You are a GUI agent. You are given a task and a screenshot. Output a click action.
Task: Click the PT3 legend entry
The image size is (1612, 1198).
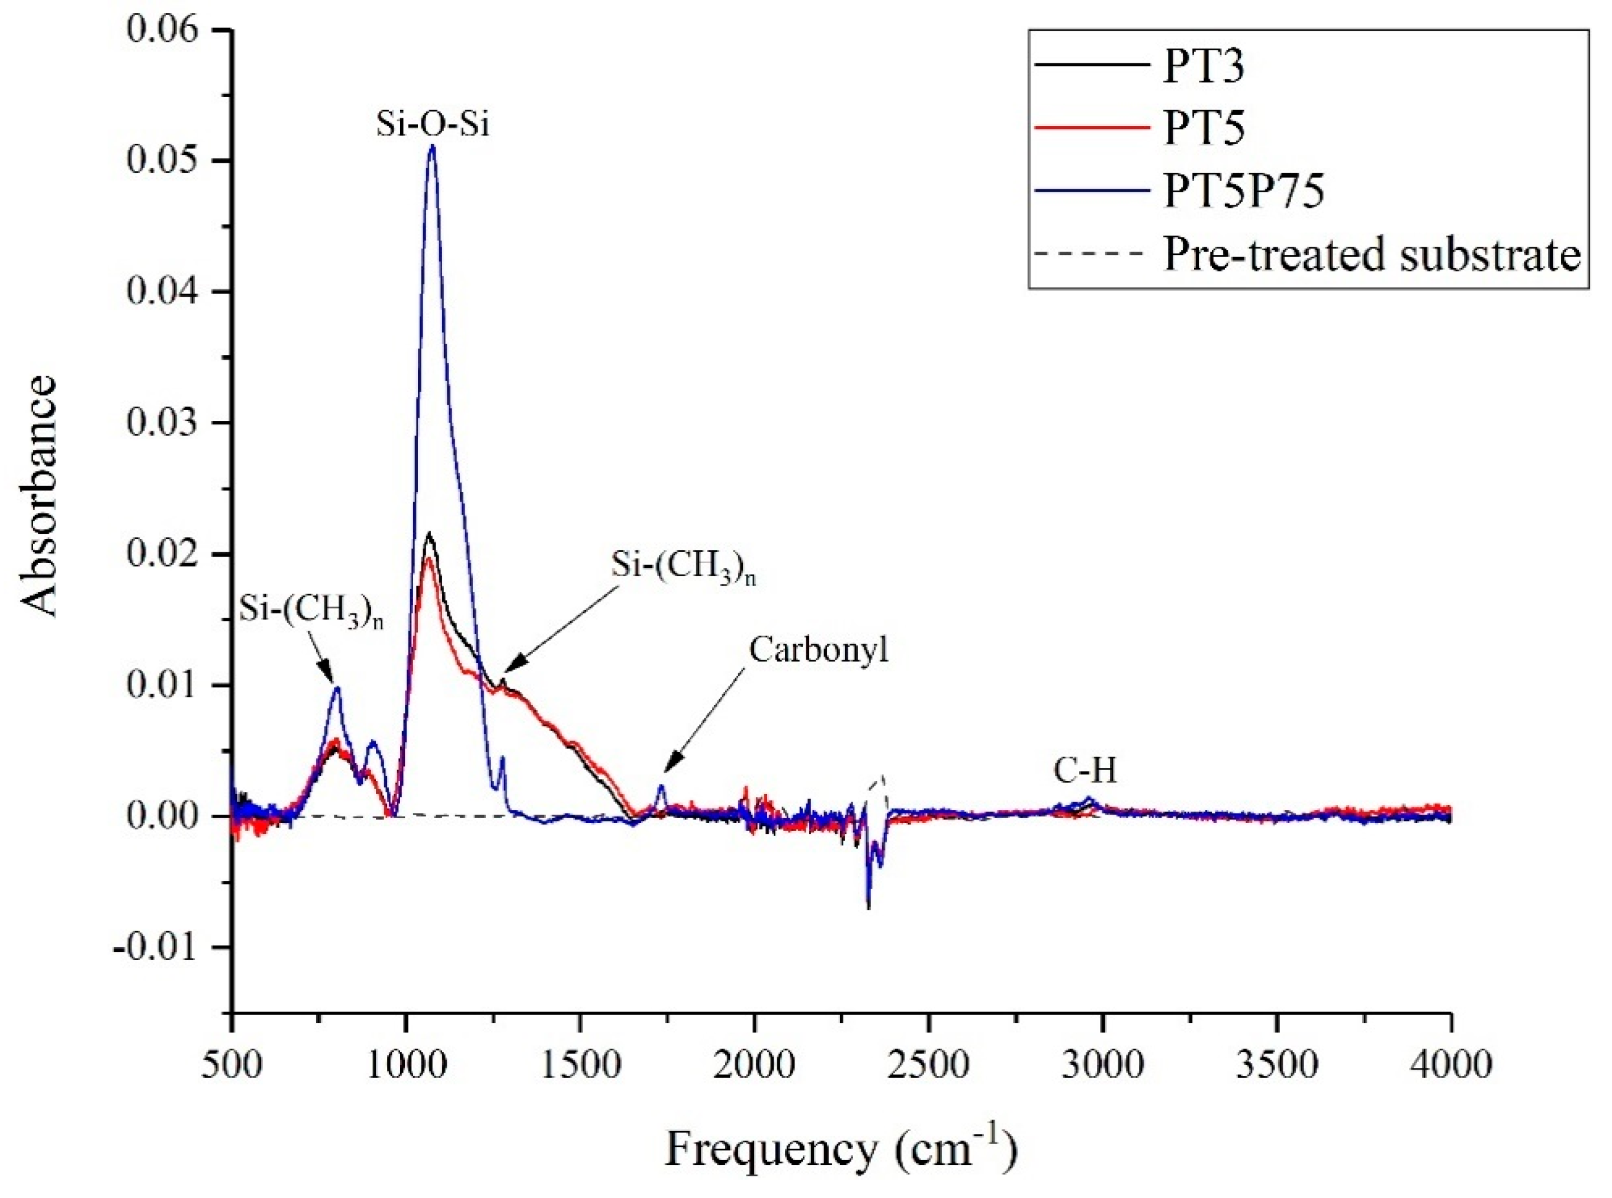[x=1204, y=67]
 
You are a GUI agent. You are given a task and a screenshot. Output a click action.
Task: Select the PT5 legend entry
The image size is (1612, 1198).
[x=1204, y=129]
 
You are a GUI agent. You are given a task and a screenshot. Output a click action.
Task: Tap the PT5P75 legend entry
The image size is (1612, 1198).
[x=1243, y=192]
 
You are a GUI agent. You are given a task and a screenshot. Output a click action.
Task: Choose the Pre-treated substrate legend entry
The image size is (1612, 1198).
[x=1371, y=254]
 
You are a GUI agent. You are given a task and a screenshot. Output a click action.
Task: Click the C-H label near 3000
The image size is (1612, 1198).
[x=1085, y=771]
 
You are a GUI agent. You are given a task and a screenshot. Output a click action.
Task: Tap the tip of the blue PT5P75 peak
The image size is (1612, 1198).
[x=432, y=147]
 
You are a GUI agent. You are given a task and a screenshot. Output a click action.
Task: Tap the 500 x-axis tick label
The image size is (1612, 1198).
[x=232, y=1065]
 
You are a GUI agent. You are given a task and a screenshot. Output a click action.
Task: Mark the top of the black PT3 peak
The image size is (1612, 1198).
[x=429, y=534]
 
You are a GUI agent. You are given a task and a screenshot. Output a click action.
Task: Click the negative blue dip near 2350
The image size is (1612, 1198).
[x=868, y=906]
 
